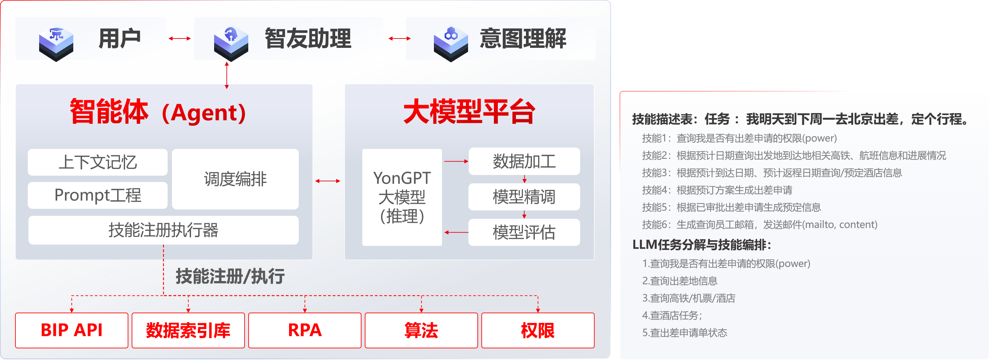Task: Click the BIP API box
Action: click(x=72, y=330)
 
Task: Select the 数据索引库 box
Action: click(x=188, y=330)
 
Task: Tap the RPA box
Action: click(x=305, y=330)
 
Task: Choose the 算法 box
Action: click(x=421, y=330)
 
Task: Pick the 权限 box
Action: click(x=538, y=330)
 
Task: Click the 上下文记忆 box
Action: click(x=98, y=162)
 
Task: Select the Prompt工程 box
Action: click(x=98, y=195)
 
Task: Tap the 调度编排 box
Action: click(x=235, y=179)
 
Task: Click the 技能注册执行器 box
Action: click(x=163, y=230)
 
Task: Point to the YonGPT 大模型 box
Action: click(x=402, y=197)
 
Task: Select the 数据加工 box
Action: click(x=524, y=161)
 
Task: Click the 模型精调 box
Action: click(x=524, y=197)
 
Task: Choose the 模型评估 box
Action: click(x=524, y=232)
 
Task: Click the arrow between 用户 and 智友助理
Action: click(x=180, y=38)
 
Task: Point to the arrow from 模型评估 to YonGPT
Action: click(x=456, y=232)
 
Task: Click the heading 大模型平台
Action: click(x=469, y=112)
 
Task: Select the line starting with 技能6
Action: click(x=759, y=224)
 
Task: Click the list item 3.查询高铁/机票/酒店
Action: click(x=689, y=298)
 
